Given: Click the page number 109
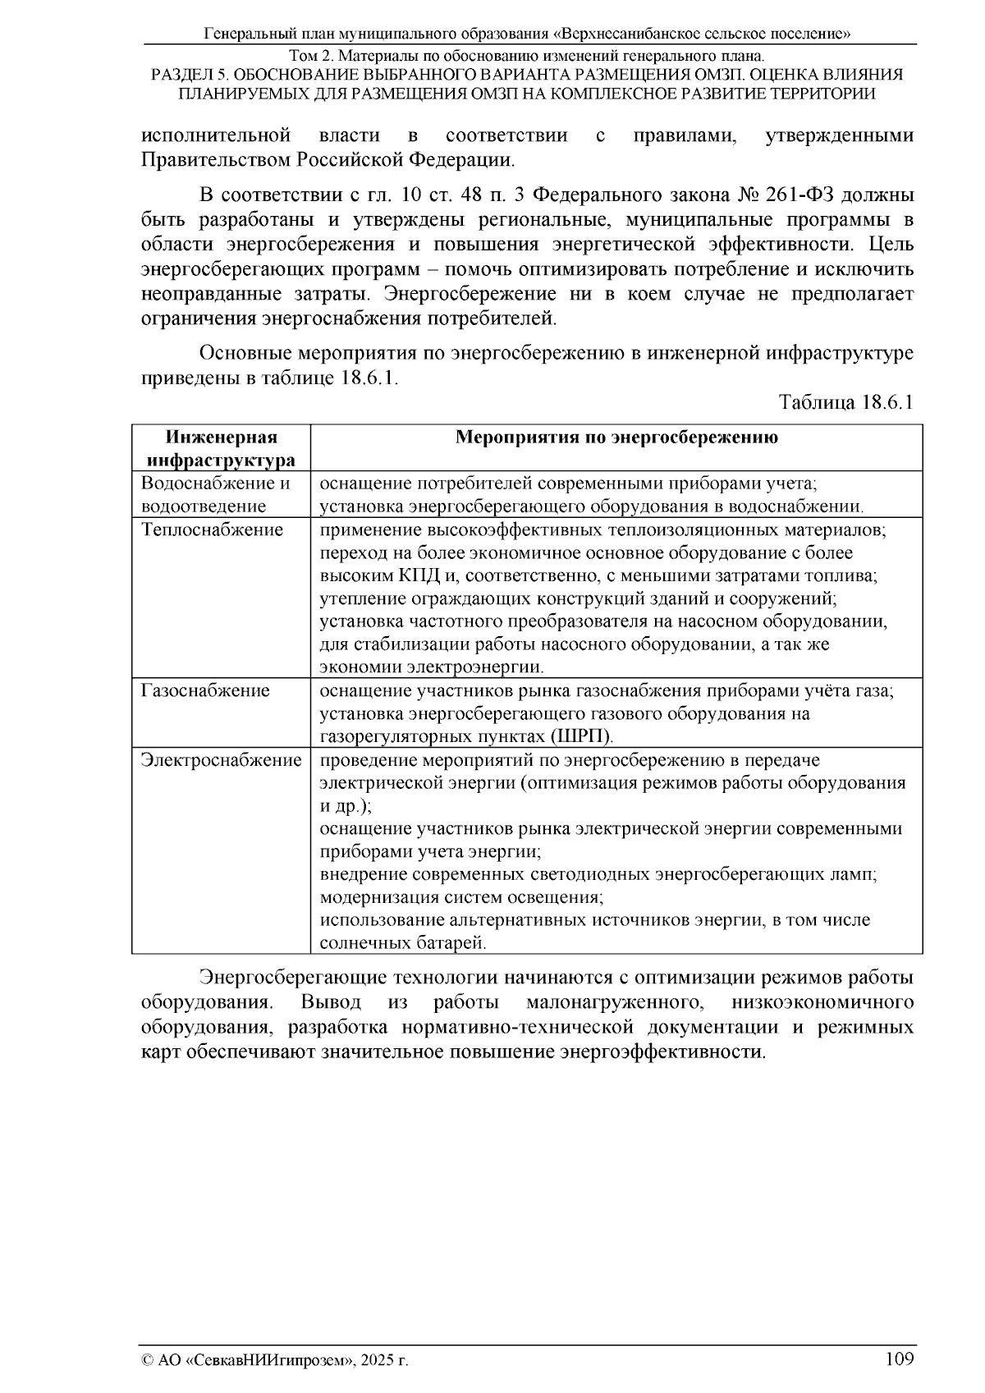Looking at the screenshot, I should tap(900, 1359).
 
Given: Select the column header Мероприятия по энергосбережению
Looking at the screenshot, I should tap(616, 438).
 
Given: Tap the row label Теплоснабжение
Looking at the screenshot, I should tap(212, 530).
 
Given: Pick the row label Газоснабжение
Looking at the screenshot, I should tap(205, 691).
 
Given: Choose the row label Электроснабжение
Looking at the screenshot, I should tap(221, 761).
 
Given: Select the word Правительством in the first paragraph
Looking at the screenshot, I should tap(216, 158).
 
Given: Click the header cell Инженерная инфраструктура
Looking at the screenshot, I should tap(220, 448).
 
